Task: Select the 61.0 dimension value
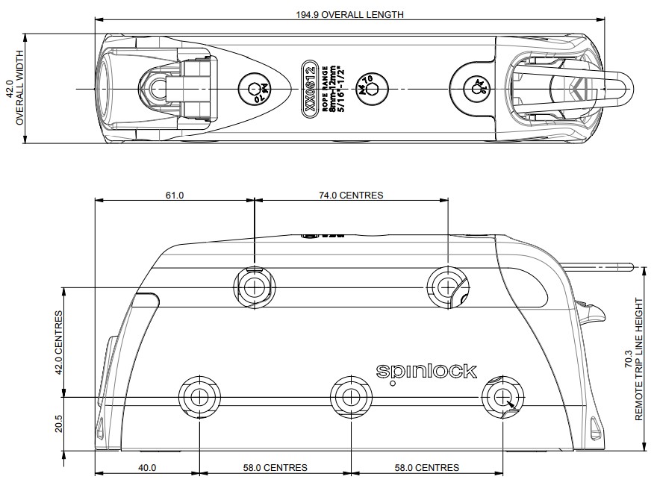(x=174, y=196)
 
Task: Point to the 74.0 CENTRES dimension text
(x=350, y=196)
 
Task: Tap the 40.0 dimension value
(x=147, y=468)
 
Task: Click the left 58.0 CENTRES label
(x=274, y=468)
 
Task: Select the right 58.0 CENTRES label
(x=426, y=468)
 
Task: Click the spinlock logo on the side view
(x=426, y=370)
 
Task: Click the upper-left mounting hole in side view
(x=253, y=286)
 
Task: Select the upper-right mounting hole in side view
(x=446, y=286)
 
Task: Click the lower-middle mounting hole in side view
(x=350, y=396)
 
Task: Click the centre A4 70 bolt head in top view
(x=368, y=89)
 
